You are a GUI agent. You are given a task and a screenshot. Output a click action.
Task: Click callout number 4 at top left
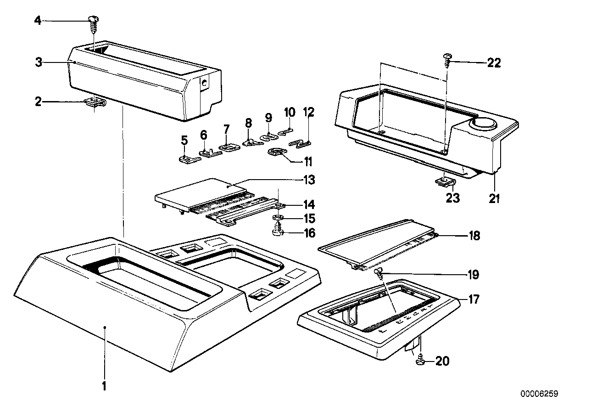(38, 21)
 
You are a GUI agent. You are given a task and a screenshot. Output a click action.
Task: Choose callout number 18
(474, 236)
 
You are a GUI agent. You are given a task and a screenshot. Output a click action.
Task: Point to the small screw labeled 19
(379, 273)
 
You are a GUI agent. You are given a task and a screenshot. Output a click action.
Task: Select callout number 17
(474, 299)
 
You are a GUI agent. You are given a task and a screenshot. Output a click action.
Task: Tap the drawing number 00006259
(539, 394)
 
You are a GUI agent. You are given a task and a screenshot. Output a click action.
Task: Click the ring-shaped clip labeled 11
(278, 153)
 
